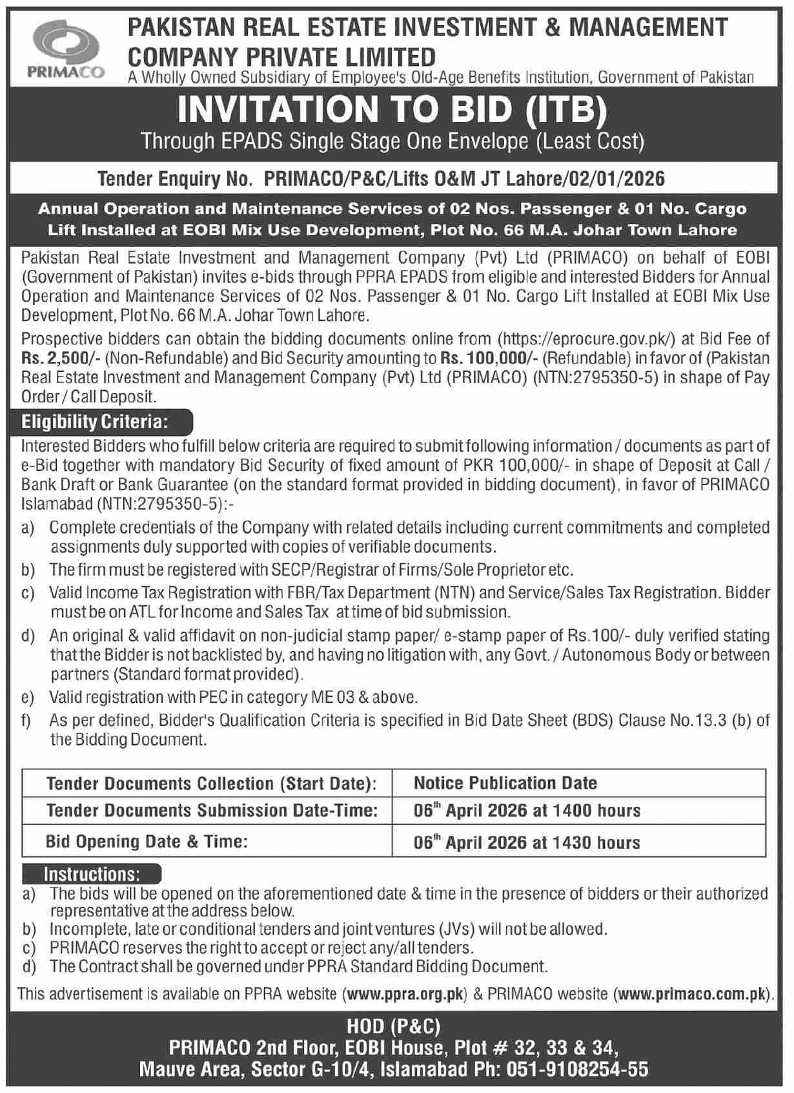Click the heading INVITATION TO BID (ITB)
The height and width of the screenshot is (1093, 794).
392,109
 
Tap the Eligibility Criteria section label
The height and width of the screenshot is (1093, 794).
95,422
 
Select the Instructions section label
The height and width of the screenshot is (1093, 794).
91,875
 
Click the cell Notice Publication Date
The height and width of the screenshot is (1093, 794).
505,783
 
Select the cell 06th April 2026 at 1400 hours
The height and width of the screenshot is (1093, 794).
527,811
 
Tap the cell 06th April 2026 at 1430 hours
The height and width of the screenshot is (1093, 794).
527,842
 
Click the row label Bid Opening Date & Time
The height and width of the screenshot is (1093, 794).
147,842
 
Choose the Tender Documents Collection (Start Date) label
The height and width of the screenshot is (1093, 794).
211,784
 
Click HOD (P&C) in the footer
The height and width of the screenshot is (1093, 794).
394,1027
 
